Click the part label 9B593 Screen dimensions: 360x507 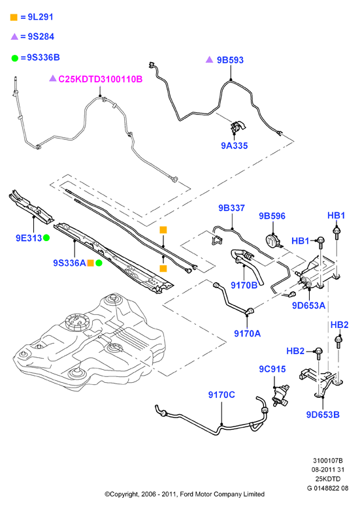tap(230, 60)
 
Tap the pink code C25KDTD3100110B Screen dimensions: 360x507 tap(100, 79)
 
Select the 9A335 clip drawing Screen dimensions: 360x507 tap(238, 127)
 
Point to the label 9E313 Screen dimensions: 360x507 tap(29, 238)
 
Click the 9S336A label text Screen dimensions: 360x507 tap(69, 263)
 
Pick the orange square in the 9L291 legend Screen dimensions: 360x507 tap(14, 17)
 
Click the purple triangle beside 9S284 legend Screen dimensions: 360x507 tap(14, 37)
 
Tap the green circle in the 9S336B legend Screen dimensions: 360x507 tap(14, 58)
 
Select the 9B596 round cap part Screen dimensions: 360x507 tap(272, 241)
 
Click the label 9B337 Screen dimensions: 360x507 tap(231, 208)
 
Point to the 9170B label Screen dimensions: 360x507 tap(244, 285)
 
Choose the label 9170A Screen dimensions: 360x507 tap(247, 333)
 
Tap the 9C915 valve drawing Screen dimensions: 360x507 tap(280, 395)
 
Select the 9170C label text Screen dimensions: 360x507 tap(221, 395)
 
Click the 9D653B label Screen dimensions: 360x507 tap(323, 414)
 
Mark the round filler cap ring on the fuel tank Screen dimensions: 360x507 tap(77, 321)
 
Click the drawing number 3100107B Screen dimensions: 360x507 tap(327, 461)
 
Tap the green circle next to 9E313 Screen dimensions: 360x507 tap(46, 238)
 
